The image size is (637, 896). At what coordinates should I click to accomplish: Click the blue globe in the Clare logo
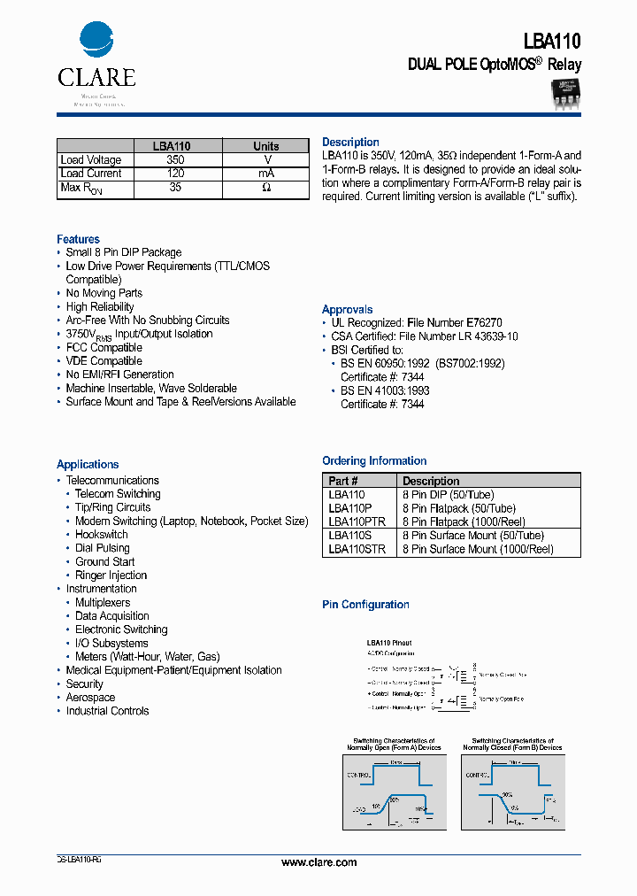tap(96, 41)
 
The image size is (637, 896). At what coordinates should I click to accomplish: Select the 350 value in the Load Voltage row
tap(175, 160)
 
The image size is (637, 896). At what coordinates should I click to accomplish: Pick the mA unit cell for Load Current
tap(266, 174)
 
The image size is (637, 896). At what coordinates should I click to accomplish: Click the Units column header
tap(266, 146)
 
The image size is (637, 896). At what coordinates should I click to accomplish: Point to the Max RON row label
tap(81, 189)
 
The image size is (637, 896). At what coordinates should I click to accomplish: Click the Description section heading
tap(350, 142)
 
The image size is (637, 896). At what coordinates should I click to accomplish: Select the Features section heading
tap(78, 239)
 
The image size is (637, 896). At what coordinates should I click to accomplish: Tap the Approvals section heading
tap(347, 309)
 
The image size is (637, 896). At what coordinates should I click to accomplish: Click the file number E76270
tap(484, 323)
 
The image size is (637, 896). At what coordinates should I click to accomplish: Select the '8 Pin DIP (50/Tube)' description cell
tap(448, 495)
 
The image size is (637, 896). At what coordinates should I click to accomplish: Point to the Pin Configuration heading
tap(365, 605)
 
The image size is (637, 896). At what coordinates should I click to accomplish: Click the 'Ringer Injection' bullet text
tap(111, 575)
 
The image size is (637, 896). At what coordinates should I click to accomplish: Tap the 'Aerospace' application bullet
tap(90, 697)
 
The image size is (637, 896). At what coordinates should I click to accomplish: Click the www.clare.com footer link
tap(318, 862)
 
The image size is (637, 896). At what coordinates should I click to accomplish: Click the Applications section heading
tap(88, 464)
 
